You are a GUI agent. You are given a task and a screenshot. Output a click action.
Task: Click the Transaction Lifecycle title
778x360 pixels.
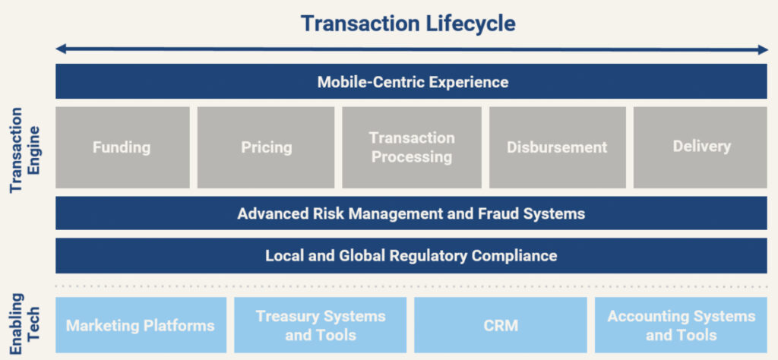point(408,24)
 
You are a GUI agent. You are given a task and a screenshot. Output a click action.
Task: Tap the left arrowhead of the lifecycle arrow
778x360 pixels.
point(61,49)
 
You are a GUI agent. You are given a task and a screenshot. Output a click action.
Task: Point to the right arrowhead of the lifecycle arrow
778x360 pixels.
point(762,49)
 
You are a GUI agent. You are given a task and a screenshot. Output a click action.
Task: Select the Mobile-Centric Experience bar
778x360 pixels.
point(411,81)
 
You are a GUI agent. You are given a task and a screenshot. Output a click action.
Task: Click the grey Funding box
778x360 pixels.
point(122,147)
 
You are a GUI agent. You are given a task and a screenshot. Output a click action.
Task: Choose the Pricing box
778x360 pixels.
point(266,147)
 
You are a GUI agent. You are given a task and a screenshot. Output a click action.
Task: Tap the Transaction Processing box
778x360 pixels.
point(412,147)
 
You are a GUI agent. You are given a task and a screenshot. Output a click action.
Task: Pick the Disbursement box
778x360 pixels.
point(557,147)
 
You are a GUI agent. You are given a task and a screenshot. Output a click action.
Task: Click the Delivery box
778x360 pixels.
point(701,147)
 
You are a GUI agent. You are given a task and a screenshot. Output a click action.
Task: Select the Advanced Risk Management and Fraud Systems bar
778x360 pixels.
point(411,213)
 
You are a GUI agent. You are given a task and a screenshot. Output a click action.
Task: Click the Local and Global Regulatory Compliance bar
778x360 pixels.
point(411,255)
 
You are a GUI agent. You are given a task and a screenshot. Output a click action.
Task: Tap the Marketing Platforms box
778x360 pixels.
point(141,325)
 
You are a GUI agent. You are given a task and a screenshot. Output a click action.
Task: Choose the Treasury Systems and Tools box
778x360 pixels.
point(321,325)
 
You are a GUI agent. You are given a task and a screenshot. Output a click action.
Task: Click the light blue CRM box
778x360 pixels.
point(501,325)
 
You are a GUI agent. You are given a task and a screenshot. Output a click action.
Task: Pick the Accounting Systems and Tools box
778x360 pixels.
point(682,325)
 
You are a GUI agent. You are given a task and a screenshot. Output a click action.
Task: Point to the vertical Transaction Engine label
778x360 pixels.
point(25,150)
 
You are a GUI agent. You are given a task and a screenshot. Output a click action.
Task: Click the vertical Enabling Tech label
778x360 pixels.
point(25,324)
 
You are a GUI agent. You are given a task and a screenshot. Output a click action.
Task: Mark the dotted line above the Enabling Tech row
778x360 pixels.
point(411,286)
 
